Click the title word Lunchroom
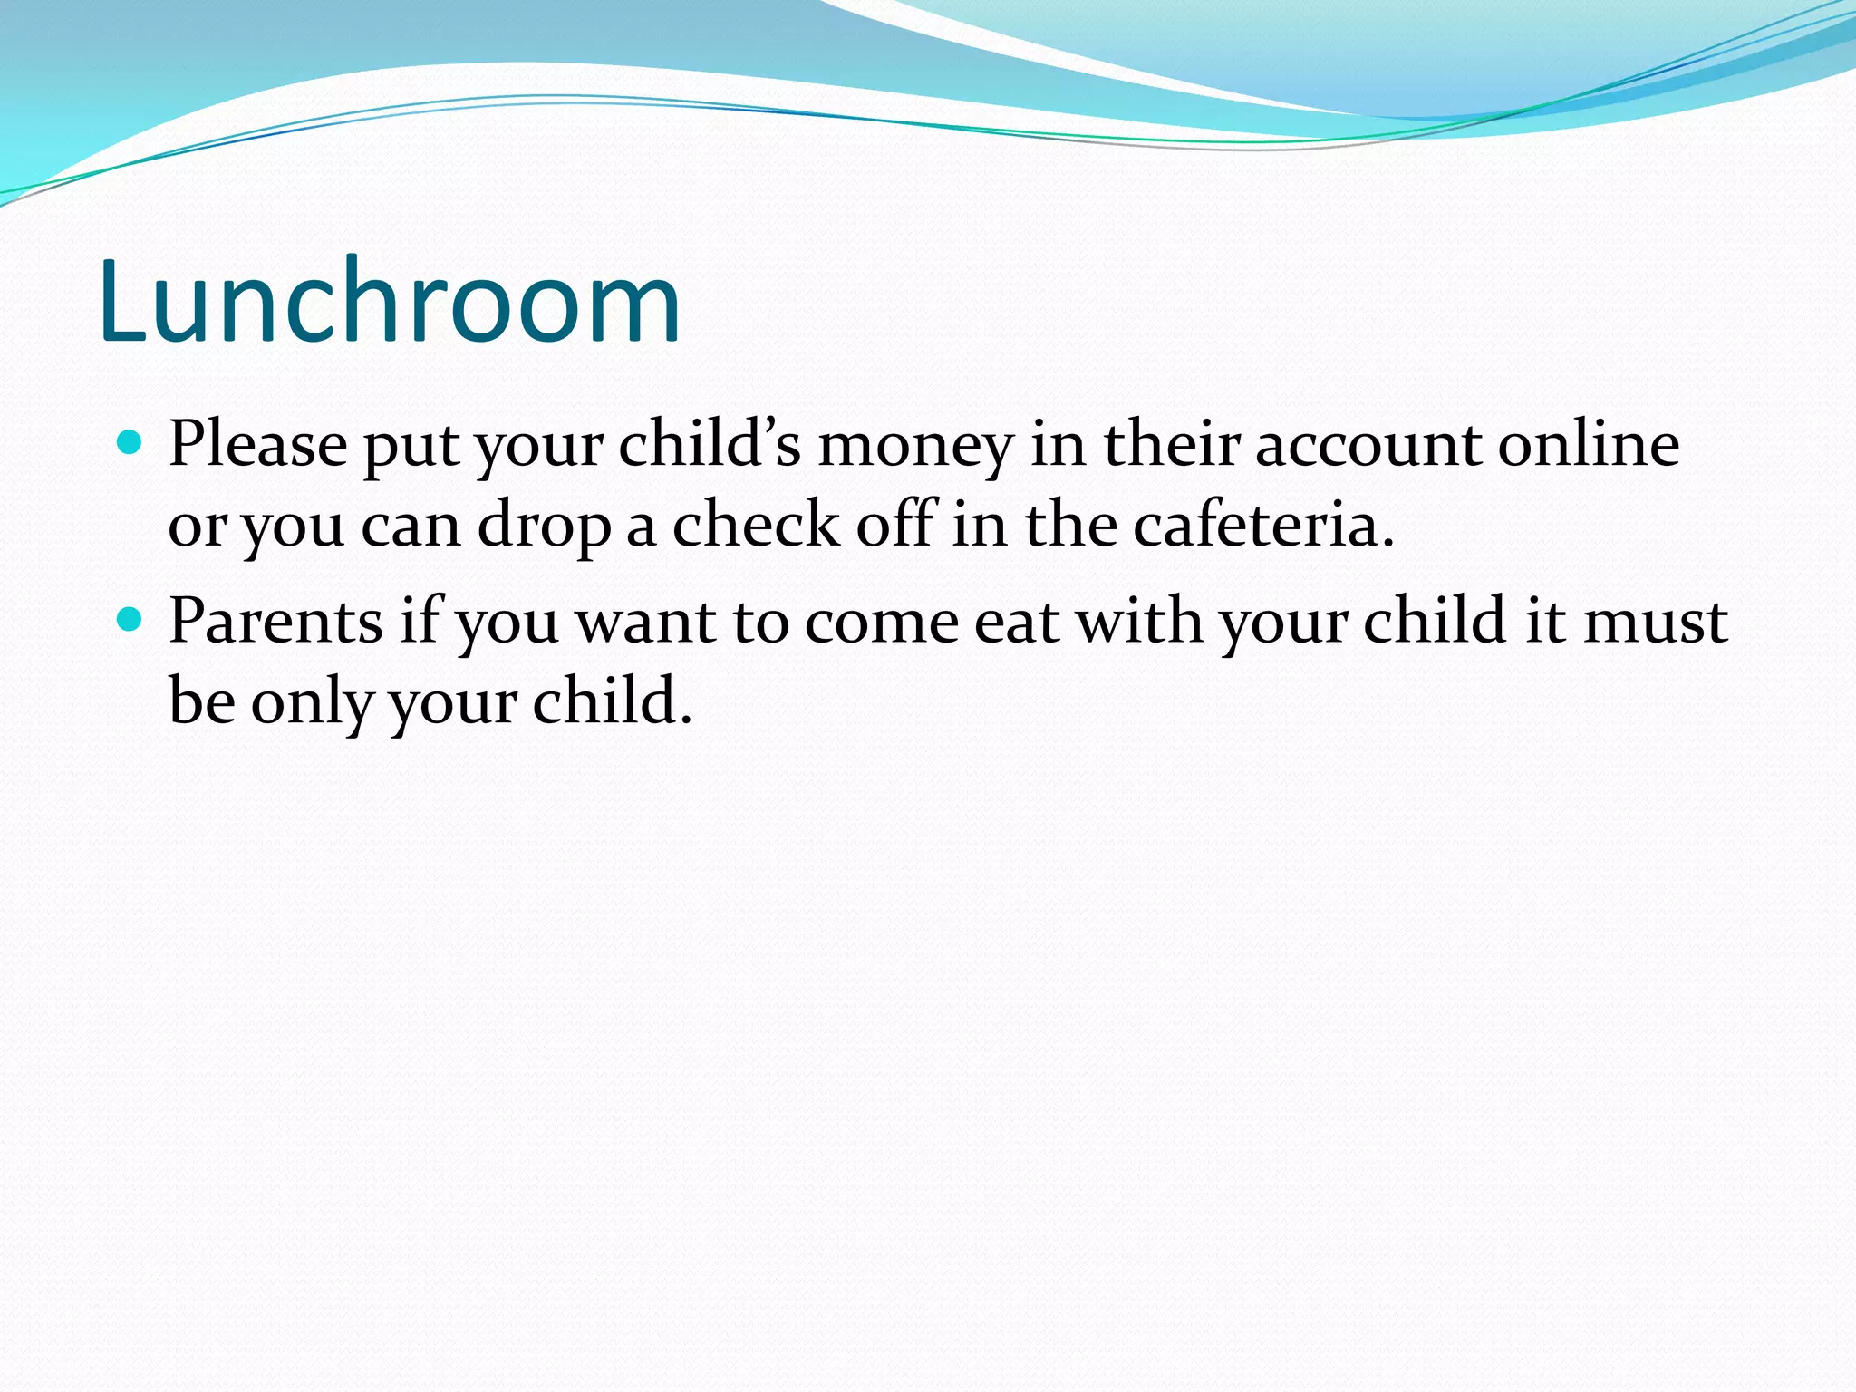[390, 303]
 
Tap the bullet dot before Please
[131, 443]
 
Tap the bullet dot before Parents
[131, 620]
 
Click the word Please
[258, 445]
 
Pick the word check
[756, 525]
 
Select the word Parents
[276, 622]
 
